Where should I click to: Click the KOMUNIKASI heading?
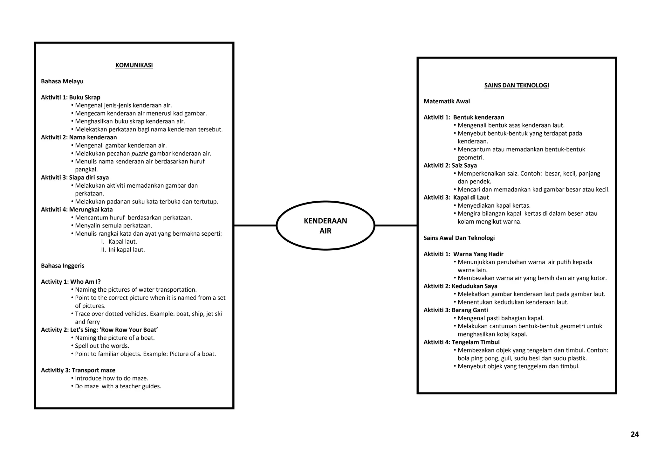(134, 65)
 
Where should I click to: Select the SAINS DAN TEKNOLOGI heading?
(517, 85)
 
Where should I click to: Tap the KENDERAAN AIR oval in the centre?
(325, 225)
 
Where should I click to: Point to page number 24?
(634, 434)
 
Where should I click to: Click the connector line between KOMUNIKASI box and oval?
(255, 225)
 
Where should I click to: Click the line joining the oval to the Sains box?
(396, 225)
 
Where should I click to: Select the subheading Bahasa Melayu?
(62, 81)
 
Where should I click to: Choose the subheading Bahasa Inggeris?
(63, 266)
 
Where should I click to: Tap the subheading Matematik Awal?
(447, 101)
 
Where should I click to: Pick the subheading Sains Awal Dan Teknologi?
(459, 238)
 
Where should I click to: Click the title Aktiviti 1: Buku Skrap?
(71, 97)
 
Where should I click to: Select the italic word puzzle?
(140, 154)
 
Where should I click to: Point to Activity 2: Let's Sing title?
(99, 330)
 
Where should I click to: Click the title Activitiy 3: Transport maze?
(78, 370)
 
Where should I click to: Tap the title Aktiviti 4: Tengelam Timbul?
(462, 342)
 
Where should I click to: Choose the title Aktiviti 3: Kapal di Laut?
(456, 198)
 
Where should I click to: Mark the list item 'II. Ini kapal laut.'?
(123, 250)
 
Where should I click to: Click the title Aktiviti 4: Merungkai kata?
(77, 210)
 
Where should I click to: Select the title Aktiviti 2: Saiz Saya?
(450, 165)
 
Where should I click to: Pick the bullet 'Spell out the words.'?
(102, 346)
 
